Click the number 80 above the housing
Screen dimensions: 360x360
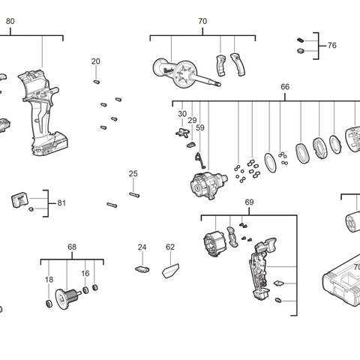10,22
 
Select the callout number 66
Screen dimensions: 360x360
285,87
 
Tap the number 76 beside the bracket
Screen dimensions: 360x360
331,46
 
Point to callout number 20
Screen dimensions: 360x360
96,61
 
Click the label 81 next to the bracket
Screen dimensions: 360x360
61,202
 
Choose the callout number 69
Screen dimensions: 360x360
249,202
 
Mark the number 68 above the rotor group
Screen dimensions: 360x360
72,247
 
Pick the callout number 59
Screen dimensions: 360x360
200,128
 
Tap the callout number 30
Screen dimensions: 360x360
182,113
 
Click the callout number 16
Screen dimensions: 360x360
85,274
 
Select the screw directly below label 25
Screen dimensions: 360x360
135,194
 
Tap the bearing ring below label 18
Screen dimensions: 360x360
49,303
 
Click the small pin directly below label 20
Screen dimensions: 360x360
97,81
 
